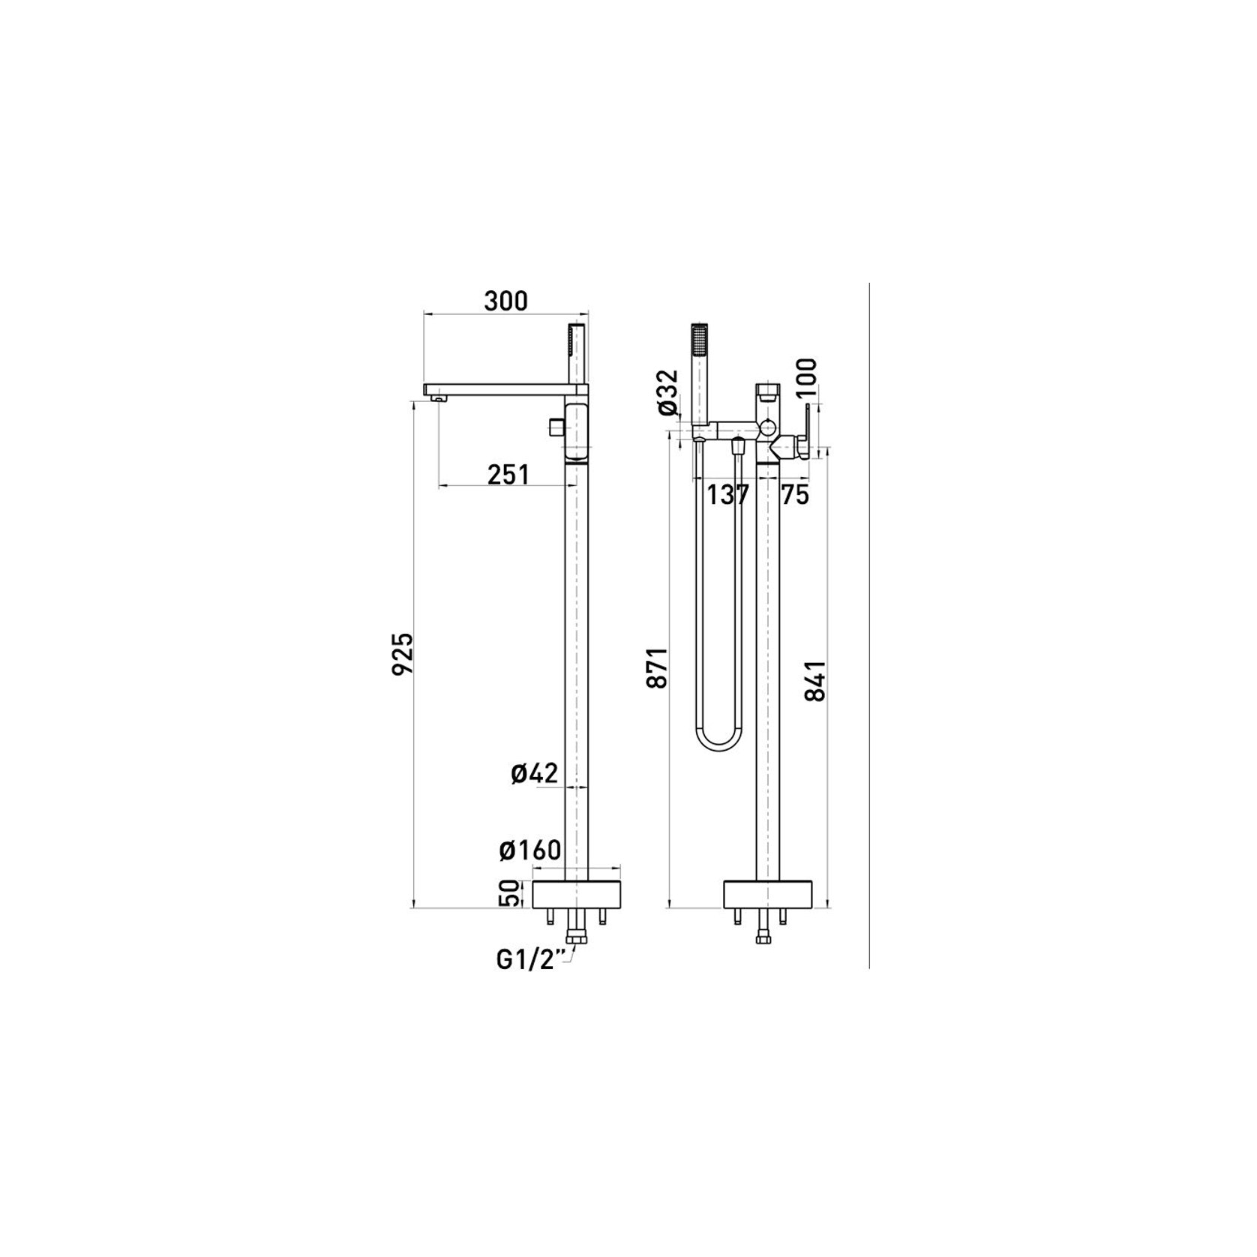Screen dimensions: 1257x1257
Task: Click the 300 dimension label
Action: coord(505,300)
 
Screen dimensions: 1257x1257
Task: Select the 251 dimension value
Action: coord(508,475)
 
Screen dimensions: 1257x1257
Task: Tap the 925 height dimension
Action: coord(403,653)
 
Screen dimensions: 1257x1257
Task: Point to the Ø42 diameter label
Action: coord(535,773)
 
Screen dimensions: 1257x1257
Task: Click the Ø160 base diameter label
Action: coord(530,850)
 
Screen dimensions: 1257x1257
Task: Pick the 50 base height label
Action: coord(508,893)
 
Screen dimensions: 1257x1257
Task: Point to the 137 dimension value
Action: coord(728,495)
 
